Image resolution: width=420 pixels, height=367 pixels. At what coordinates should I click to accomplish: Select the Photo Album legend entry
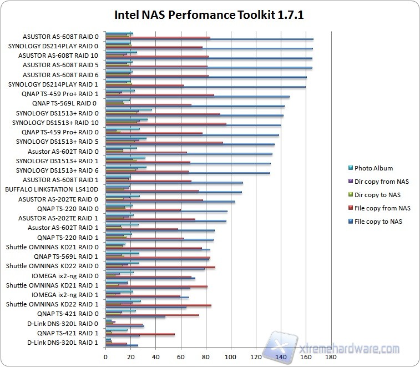coord(373,168)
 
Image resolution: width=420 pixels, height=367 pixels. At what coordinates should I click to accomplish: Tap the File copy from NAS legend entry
coord(382,208)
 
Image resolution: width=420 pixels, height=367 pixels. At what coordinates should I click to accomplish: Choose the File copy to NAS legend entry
coord(378,222)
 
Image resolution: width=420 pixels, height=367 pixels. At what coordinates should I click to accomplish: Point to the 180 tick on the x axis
coord(331,356)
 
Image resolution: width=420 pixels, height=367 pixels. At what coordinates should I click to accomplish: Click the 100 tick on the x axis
coord(231,356)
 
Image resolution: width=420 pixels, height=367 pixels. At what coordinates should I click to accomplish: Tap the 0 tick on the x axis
coord(105,356)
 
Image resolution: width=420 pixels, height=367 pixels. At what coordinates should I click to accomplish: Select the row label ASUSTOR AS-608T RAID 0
coord(61,36)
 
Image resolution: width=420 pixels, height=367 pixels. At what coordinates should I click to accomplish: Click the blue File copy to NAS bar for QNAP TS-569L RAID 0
coord(195,106)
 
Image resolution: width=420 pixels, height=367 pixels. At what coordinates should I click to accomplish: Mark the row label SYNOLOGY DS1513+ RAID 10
coord(55,122)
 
